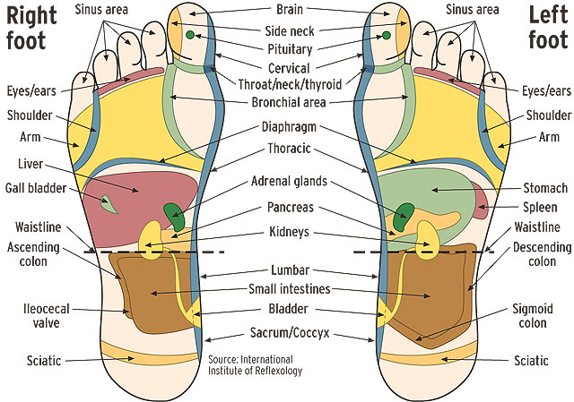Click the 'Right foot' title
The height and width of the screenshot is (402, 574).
30,27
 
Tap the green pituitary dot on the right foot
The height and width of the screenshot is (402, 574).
190,35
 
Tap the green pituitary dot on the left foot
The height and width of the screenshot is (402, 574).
387,35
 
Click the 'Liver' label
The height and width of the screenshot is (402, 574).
31,164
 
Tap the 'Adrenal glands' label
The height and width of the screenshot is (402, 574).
288,181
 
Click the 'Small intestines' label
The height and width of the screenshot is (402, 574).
289,288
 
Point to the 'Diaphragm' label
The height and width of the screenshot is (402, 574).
288,128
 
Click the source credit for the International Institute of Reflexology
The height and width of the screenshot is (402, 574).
254,364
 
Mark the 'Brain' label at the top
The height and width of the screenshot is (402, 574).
288,11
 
